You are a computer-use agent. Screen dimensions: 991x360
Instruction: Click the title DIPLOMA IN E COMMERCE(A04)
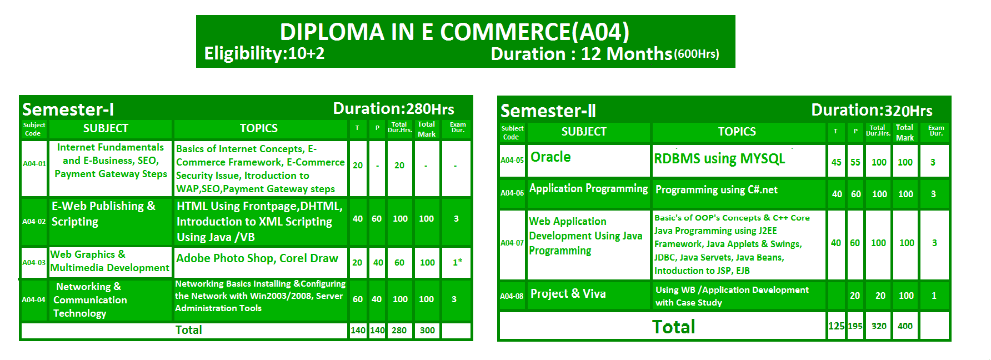pos(454,32)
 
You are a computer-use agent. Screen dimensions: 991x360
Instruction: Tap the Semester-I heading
pos(68,109)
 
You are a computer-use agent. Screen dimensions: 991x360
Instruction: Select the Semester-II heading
pos(548,111)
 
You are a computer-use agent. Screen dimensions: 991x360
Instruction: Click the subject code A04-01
pos(34,164)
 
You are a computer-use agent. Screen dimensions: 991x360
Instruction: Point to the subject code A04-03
pos(34,262)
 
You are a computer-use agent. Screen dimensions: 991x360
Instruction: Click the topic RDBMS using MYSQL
pos(719,159)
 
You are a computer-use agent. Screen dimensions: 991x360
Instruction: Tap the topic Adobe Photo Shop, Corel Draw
pos(257,258)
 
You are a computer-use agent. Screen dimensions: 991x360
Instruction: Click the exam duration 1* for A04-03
pos(457,262)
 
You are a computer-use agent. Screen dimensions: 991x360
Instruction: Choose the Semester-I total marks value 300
pos(427,330)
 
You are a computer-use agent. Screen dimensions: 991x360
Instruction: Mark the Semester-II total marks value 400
pos(905,326)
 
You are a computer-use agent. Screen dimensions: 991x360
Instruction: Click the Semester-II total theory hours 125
pos(836,326)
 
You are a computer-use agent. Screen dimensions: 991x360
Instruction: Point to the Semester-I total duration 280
pos(399,330)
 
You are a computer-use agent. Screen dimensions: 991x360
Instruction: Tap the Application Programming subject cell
pos(588,188)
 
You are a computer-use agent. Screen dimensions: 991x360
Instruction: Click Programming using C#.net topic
pos(717,189)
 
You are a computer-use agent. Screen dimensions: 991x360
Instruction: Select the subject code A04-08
pos(512,296)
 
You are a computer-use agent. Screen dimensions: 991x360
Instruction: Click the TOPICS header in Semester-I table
pos(259,128)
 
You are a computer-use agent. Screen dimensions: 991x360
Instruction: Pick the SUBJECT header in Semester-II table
pos(584,132)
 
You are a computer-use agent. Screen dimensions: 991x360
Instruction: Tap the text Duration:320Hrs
pos(872,110)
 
